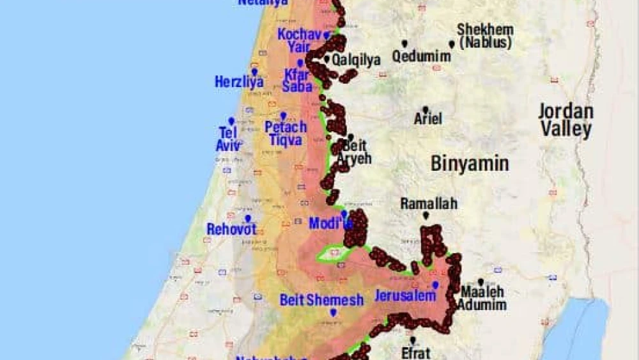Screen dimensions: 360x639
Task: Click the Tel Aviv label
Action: (228, 139)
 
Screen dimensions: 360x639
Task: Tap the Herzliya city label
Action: (239, 82)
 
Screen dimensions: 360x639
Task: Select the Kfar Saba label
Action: (297, 80)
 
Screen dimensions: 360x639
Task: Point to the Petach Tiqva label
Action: (286, 133)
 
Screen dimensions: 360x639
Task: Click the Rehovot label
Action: (231, 229)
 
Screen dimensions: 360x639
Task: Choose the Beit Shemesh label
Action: (321, 300)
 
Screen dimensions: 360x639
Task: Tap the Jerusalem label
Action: (405, 296)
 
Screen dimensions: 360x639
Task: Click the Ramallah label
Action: (429, 204)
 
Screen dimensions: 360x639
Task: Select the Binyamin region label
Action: (470, 164)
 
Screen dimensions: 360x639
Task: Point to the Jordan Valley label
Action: (566, 120)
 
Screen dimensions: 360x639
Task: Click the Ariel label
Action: (428, 119)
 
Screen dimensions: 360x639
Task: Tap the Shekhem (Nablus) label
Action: (485, 36)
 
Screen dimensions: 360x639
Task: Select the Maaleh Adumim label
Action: (484, 298)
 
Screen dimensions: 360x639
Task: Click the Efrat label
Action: (416, 352)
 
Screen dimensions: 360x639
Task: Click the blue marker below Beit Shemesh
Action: (333, 313)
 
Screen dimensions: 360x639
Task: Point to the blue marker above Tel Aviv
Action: (231, 121)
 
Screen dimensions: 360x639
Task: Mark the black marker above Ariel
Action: (425, 110)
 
